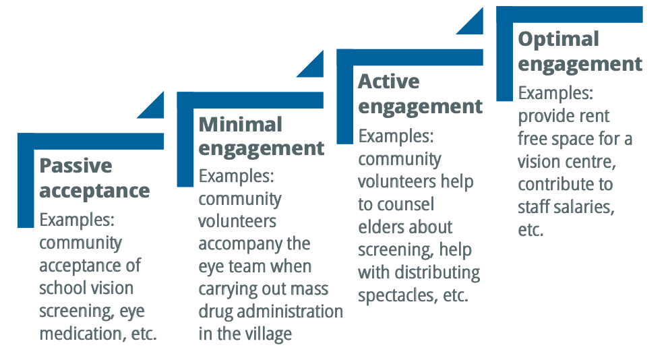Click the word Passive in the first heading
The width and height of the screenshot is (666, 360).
coord(75,166)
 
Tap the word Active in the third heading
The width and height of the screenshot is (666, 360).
coord(388,82)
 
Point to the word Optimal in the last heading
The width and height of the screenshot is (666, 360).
coord(558,39)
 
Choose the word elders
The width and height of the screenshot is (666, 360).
coord(380,227)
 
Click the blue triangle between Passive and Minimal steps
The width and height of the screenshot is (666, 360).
coord(152,106)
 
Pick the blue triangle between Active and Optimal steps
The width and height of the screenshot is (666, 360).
coord(471,22)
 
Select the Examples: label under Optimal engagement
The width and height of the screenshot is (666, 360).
coord(555,94)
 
